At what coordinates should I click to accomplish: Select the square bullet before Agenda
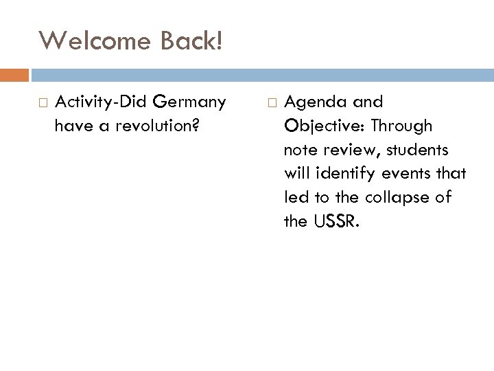pyautogui.click(x=270, y=103)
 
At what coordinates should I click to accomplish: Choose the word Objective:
pyautogui.click(x=320, y=126)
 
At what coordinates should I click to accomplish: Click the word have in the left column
pyautogui.click(x=70, y=125)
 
